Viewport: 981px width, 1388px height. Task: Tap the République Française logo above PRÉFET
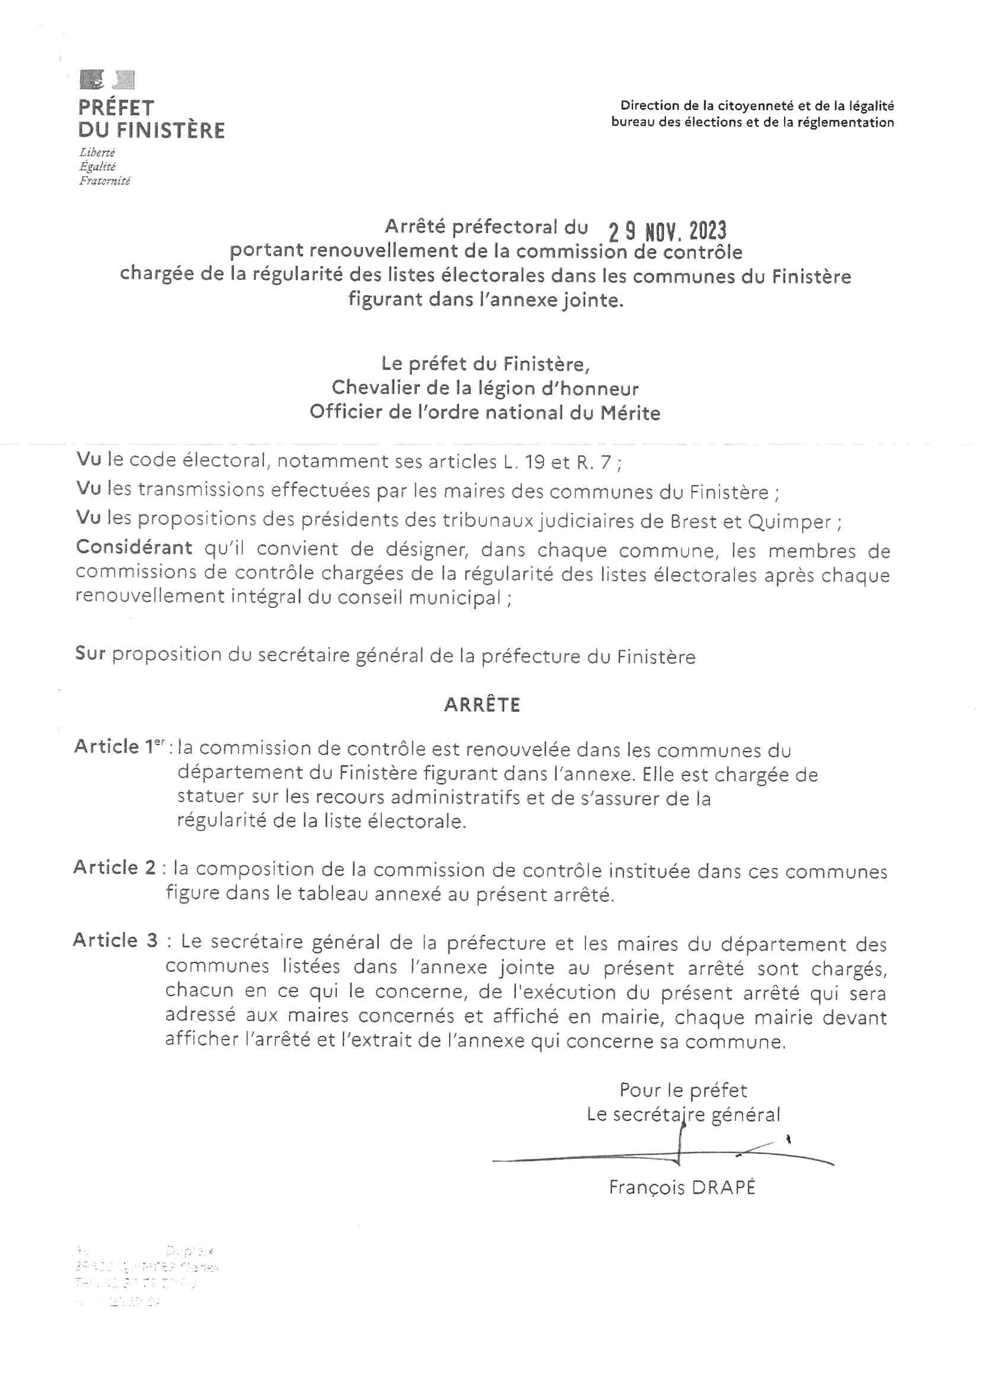(106, 80)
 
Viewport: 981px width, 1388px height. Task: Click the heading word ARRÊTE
(482, 705)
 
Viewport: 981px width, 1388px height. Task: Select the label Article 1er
(119, 747)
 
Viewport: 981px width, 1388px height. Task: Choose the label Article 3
(115, 940)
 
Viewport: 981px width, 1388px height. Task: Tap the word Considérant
(134, 548)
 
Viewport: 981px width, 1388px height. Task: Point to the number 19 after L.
(533, 462)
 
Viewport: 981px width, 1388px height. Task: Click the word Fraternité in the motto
(104, 180)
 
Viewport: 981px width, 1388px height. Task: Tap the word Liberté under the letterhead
(97, 153)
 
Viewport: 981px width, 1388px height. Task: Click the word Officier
(349, 412)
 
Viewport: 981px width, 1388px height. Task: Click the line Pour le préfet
(683, 1090)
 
